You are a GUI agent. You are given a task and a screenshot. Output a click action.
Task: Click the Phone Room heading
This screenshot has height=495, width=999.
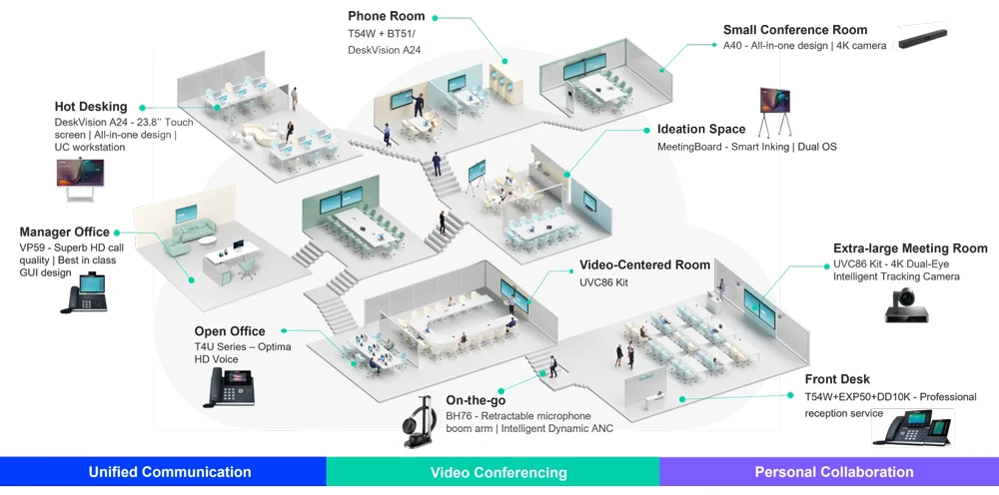tap(386, 16)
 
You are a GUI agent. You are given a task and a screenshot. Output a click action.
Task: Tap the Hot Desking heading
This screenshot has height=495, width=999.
tap(91, 107)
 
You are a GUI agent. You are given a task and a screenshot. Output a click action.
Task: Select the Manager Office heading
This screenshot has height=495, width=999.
tap(64, 233)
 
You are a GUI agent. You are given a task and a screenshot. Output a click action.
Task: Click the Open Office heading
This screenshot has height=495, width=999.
tap(230, 331)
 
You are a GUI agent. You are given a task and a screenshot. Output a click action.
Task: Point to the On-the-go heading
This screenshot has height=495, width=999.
tap(476, 400)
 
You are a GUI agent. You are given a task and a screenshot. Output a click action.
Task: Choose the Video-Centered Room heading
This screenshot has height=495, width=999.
tap(644, 265)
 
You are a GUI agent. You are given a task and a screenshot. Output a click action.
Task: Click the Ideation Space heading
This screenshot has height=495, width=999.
tap(700, 129)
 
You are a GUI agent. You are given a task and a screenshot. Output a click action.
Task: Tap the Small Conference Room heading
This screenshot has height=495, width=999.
tap(795, 30)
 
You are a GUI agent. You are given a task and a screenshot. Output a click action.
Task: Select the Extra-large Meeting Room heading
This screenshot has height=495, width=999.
tap(910, 248)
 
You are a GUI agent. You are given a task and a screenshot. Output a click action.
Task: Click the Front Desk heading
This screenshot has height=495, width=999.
tap(837, 379)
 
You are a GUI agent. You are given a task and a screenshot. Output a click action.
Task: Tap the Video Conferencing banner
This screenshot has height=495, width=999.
tap(498, 472)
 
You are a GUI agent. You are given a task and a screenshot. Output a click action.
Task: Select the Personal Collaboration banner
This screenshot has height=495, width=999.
tap(833, 472)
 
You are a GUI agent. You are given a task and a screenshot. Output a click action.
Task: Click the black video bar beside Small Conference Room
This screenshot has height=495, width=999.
tap(921, 37)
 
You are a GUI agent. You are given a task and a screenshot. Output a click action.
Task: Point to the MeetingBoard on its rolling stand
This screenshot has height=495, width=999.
tap(774, 109)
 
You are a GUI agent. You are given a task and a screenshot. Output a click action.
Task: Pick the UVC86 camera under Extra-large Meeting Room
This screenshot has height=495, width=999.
tap(906, 304)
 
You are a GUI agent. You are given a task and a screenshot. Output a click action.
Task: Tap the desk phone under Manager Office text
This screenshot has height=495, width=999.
tap(89, 293)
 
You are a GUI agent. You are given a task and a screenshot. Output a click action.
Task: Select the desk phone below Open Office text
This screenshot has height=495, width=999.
tap(229, 386)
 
